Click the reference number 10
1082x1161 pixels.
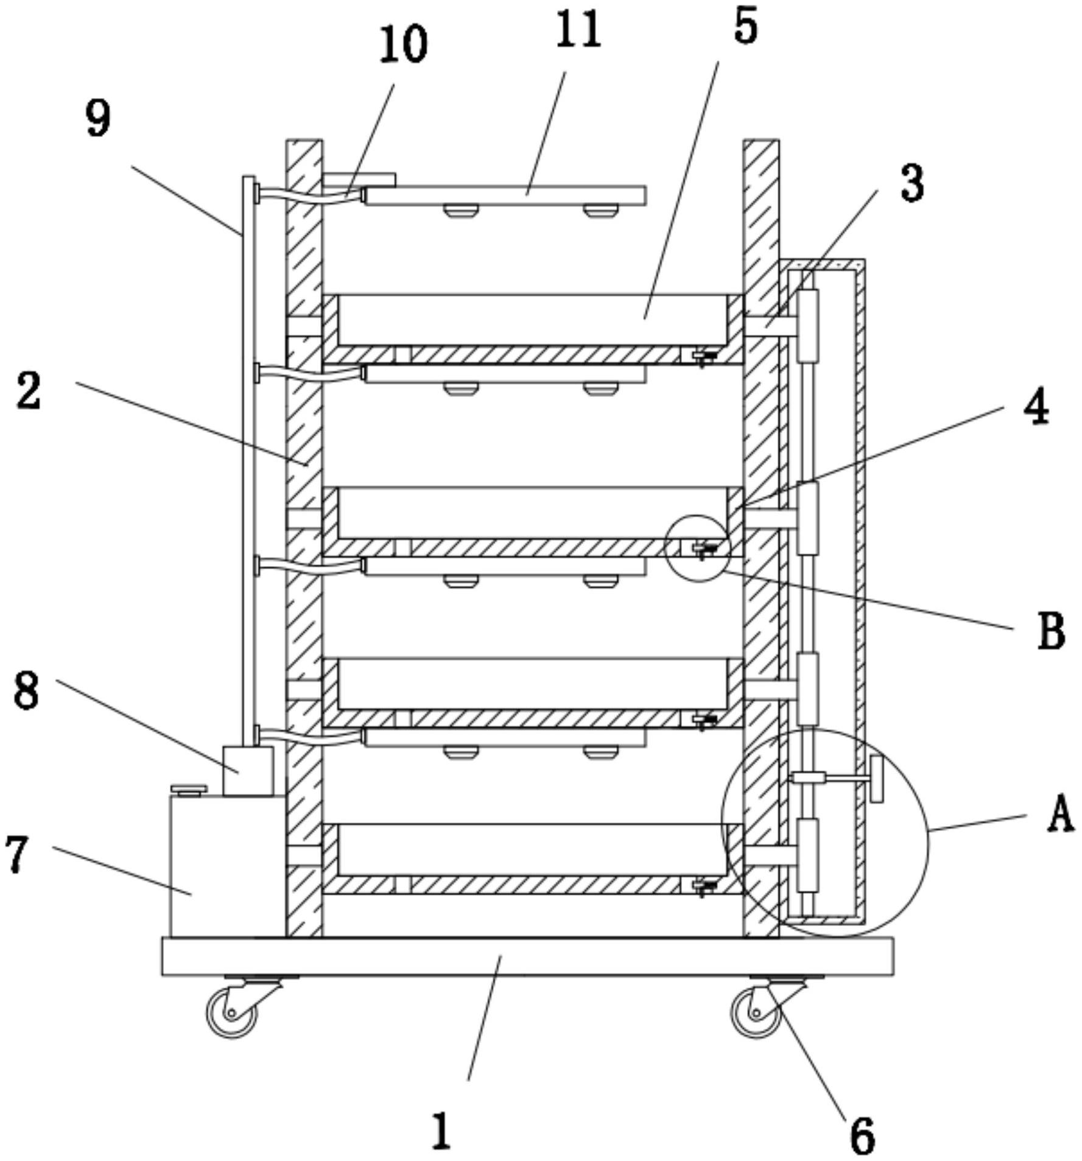click(403, 45)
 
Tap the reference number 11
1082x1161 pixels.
click(578, 29)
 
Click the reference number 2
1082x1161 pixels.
click(29, 390)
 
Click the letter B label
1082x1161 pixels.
click(1051, 631)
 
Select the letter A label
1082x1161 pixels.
click(1061, 815)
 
